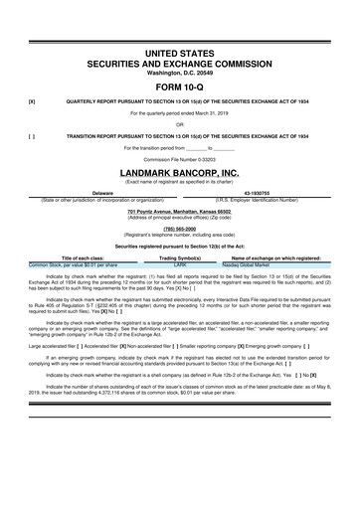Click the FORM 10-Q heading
(180, 85)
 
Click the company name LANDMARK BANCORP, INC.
(180, 172)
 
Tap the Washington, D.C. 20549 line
(180, 71)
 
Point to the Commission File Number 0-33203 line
(180, 159)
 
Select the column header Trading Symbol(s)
(181, 258)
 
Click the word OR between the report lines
(180, 124)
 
